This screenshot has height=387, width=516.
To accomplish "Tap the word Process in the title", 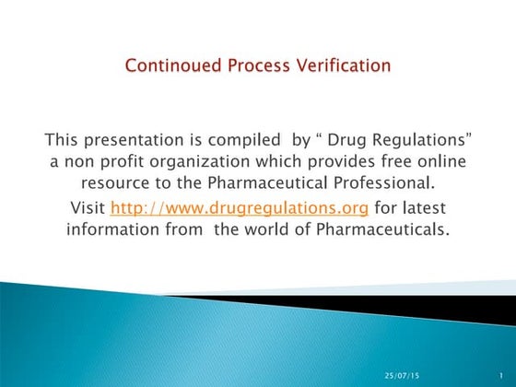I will (252, 66).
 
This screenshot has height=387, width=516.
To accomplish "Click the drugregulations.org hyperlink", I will (218, 206).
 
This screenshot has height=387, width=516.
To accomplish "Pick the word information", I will (108, 229).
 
